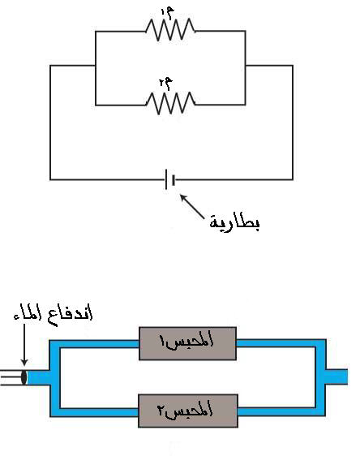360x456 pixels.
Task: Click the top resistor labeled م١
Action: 170,30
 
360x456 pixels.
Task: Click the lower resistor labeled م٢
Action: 170,103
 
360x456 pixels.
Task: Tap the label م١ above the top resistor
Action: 168,13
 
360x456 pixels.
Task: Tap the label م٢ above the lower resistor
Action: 166,84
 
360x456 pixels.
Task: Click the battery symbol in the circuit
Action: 170,179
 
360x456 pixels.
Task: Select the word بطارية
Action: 234,223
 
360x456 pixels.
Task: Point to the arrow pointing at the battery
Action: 192,206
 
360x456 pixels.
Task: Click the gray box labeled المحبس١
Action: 187,343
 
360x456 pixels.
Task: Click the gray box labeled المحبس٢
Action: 188,411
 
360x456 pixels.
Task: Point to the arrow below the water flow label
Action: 24,345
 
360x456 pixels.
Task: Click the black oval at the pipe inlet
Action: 24,377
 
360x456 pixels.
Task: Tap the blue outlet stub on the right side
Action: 336,376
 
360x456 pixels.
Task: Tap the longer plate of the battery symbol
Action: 166,179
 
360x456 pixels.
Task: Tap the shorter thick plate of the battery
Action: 174,180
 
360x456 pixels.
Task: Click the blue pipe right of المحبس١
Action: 281,343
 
